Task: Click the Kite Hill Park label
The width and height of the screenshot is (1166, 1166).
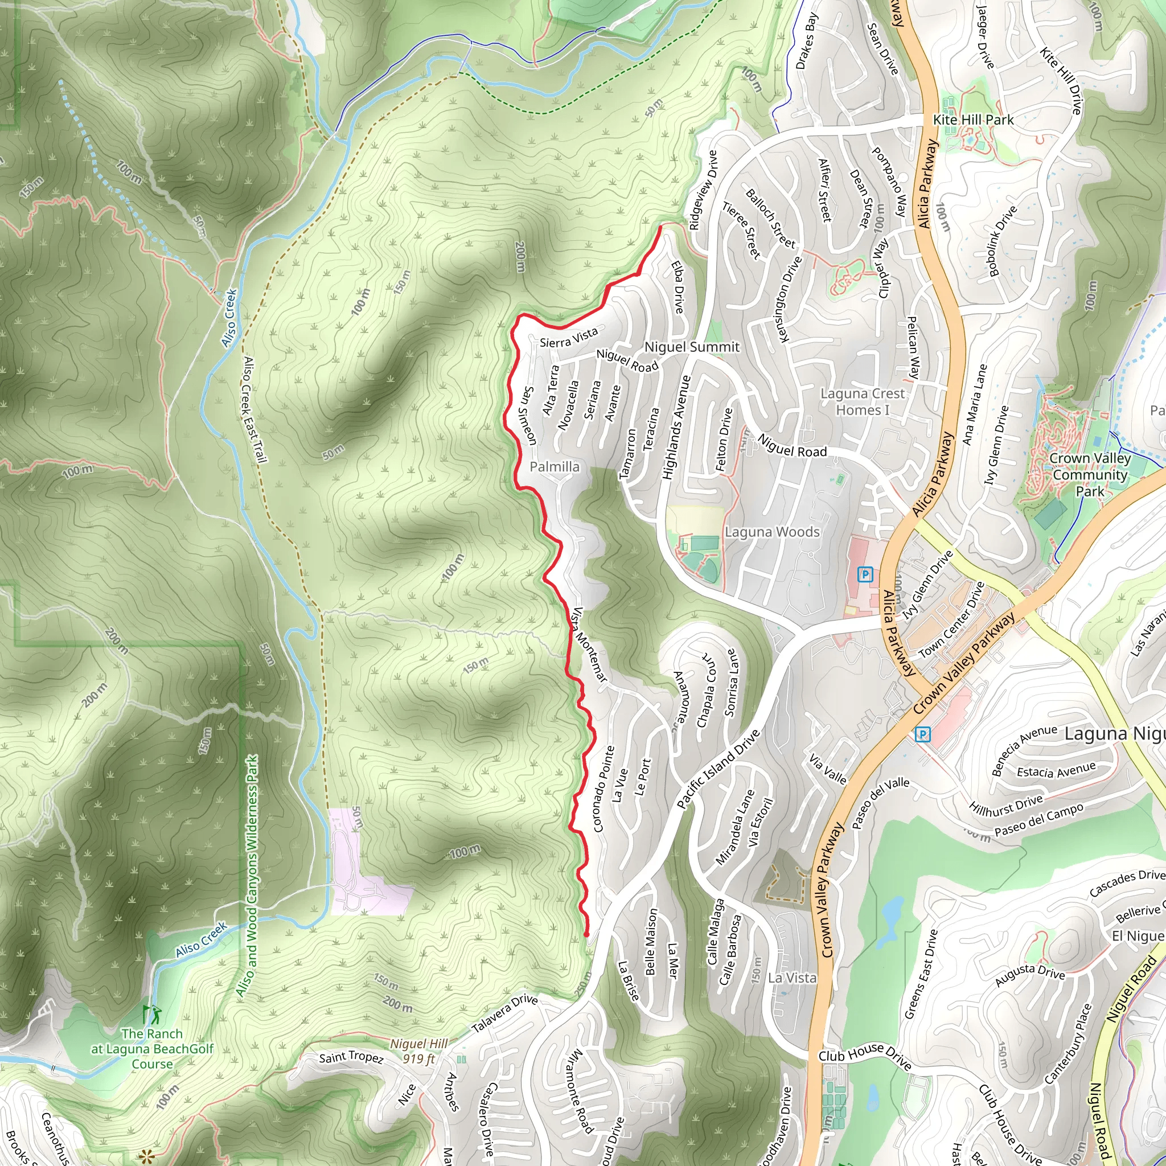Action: click(973, 120)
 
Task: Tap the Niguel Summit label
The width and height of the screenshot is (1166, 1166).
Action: click(692, 347)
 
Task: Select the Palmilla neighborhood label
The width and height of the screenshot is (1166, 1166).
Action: click(554, 466)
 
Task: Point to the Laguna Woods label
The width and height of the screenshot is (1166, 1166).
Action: click(772, 532)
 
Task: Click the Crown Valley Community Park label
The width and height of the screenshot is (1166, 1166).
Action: click(1089, 474)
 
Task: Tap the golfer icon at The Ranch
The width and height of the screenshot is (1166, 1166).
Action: click(153, 1014)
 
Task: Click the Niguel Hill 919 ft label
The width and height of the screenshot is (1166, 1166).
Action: click(419, 1051)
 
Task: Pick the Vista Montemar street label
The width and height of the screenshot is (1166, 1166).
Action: click(589, 644)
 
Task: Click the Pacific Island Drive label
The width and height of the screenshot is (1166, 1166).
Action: click(717, 770)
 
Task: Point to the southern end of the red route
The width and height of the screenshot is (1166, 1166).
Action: click(586, 934)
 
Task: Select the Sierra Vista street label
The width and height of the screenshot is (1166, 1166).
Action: click(569, 338)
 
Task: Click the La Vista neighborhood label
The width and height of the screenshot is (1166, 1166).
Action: click(792, 978)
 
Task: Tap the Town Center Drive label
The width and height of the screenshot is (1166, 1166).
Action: click(951, 621)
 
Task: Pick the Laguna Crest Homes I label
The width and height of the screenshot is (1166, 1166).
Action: click(862, 401)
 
